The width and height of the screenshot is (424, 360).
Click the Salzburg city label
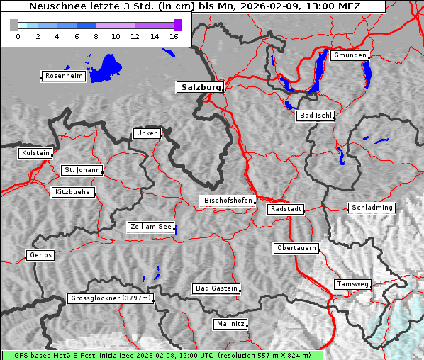click(x=200, y=87)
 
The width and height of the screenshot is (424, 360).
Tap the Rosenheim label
click(x=62, y=76)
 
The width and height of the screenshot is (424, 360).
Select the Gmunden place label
click(x=350, y=55)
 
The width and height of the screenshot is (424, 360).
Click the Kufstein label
click(x=35, y=153)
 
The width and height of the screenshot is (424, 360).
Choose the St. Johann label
click(x=82, y=170)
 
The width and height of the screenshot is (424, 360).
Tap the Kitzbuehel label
click(x=73, y=192)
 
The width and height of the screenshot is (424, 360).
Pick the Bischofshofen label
click(x=228, y=201)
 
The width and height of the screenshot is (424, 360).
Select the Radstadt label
click(x=286, y=209)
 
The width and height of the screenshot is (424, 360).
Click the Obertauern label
click(x=296, y=248)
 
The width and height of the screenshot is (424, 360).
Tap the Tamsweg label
click(x=352, y=284)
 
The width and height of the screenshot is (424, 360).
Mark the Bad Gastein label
click(x=216, y=288)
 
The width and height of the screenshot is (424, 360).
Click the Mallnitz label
click(x=230, y=324)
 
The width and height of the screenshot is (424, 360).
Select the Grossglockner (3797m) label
click(x=111, y=298)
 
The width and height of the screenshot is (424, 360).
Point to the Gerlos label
click(x=40, y=255)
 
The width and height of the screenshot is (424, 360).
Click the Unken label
click(x=147, y=133)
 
